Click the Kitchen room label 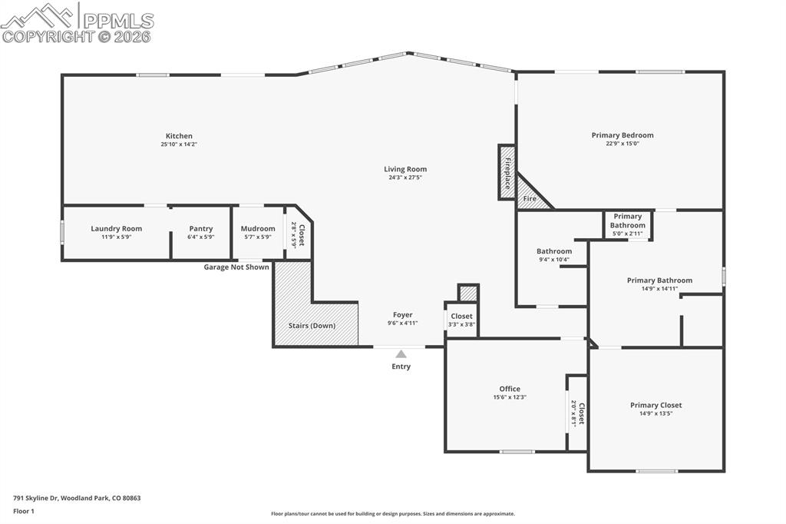(179, 136)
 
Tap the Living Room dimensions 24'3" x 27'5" (405, 177)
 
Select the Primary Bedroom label (622, 135)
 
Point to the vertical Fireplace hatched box (507, 172)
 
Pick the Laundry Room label (116, 228)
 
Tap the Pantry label (200, 228)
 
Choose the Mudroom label (257, 228)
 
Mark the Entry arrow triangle (401, 354)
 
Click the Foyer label (402, 314)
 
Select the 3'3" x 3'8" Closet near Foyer (461, 320)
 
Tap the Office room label (510, 389)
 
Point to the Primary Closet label (656, 405)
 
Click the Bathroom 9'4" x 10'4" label (553, 251)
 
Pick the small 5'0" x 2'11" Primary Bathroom (627, 224)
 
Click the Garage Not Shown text (236, 267)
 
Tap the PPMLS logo (77, 22)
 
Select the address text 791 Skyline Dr (77, 498)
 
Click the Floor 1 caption (24, 510)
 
